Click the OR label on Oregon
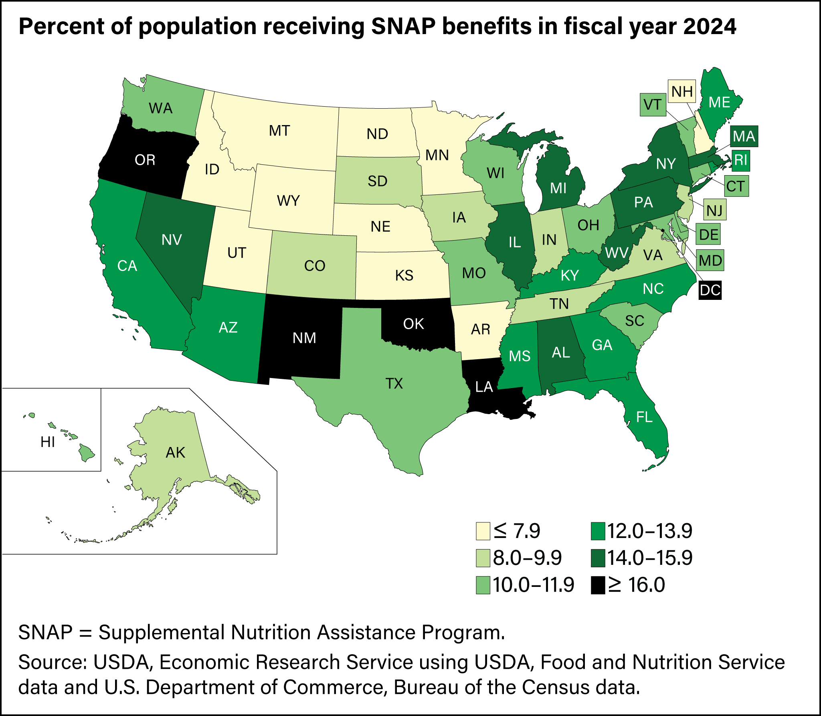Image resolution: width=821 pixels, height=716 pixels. coord(145,160)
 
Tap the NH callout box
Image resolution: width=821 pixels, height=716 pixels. coord(682,92)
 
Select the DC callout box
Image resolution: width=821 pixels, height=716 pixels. coord(710,290)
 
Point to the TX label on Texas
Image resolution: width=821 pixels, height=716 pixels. coord(394,384)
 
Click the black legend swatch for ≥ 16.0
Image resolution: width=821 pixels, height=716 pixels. coord(598,585)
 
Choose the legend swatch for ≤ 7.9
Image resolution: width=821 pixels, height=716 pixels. coord(483,531)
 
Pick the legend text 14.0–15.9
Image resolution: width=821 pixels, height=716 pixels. coord(649,558)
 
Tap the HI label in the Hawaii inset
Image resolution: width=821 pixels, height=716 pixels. coord(48,442)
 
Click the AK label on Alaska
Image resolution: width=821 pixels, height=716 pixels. coord(175,453)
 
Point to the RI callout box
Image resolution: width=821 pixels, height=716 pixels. coord(740,160)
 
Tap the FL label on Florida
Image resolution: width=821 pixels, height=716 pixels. coord(644,417)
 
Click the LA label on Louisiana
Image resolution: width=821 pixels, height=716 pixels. coord(484,387)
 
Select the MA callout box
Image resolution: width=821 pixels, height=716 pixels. coord(744,136)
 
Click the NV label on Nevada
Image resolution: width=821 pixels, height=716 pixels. coord(172,240)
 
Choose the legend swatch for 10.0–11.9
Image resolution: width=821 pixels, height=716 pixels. coord(483,585)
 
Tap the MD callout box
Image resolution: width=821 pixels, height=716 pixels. coord(710,261)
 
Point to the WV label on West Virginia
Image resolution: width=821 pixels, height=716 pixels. coord(617,253)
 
